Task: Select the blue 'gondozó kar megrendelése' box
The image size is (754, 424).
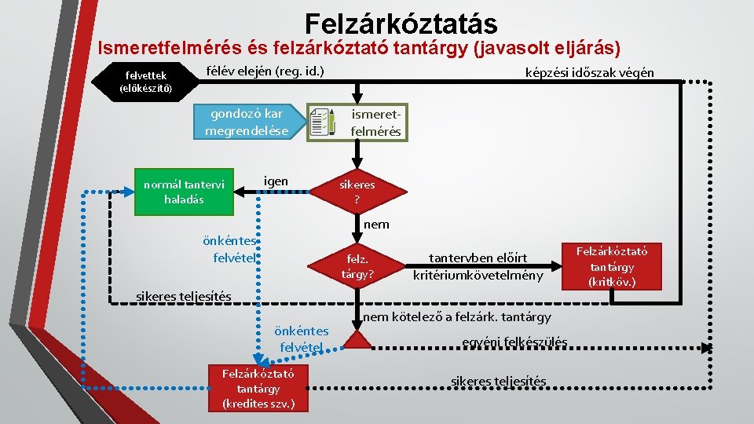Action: [x=247, y=122]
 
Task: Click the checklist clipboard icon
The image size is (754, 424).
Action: [x=323, y=122]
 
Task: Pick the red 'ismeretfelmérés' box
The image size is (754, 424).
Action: [x=375, y=122]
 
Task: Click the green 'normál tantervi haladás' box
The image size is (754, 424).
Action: [x=184, y=192]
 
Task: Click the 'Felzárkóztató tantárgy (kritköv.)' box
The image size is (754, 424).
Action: [x=612, y=266]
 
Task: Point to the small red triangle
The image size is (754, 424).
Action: [x=357, y=340]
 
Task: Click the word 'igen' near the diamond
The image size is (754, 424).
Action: [x=276, y=181]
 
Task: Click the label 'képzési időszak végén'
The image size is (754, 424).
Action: [x=589, y=73]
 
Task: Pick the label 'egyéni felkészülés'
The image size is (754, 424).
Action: [x=514, y=342]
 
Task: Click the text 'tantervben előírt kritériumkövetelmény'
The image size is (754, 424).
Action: [x=478, y=266]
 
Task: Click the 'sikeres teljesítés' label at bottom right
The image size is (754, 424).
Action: [x=498, y=382]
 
